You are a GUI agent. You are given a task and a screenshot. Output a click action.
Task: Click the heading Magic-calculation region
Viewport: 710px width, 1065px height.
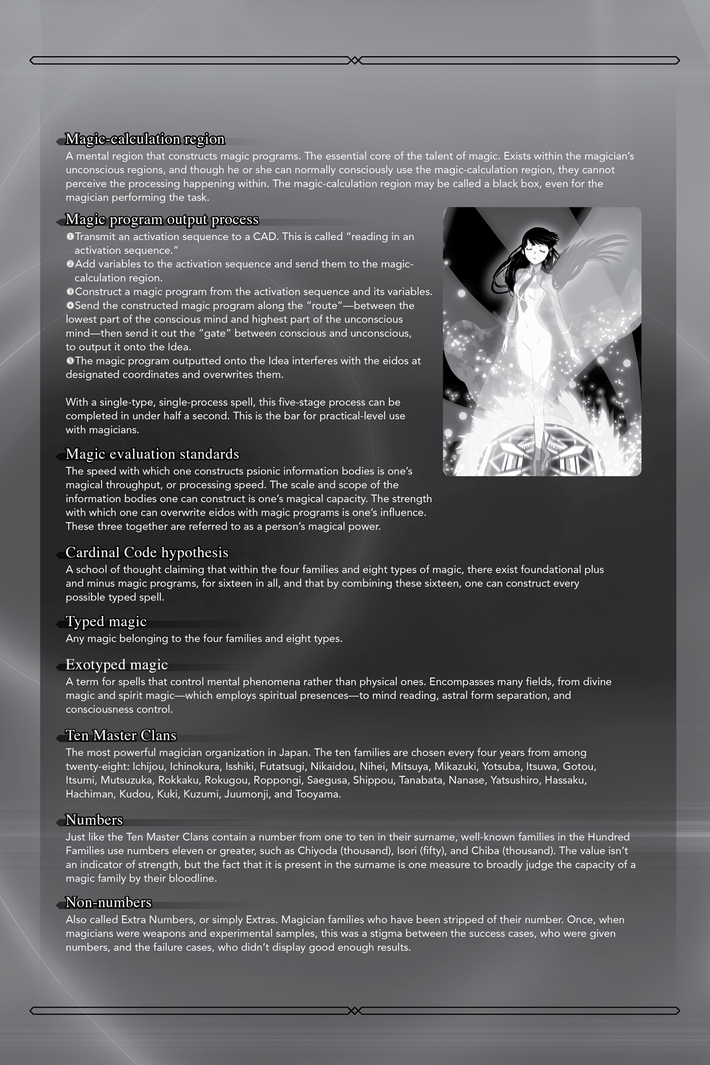click(145, 140)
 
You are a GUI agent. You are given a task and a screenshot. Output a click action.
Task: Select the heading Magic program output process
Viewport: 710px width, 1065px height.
click(162, 220)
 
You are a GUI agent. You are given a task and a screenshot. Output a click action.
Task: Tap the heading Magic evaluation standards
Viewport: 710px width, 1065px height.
click(152, 454)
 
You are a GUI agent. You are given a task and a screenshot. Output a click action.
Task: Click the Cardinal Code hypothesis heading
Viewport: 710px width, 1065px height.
click(147, 553)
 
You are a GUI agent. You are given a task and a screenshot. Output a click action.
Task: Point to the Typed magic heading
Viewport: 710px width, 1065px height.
click(106, 622)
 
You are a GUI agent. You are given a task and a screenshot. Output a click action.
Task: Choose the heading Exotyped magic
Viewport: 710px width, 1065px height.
click(117, 665)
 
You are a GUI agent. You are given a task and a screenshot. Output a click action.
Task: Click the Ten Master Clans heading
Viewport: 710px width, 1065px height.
click(121, 736)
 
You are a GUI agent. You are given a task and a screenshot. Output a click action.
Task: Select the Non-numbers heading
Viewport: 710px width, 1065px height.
click(108, 903)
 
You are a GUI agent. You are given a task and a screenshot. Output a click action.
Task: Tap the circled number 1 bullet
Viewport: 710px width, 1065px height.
click(70, 237)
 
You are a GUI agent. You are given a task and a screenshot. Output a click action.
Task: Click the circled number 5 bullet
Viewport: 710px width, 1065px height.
click(70, 360)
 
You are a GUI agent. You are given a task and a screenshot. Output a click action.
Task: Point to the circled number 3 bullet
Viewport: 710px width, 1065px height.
click(70, 292)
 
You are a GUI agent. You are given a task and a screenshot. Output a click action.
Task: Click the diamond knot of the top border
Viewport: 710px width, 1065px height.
click(354, 60)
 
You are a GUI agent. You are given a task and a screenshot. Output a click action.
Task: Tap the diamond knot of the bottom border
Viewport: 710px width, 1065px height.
click(354, 1011)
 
